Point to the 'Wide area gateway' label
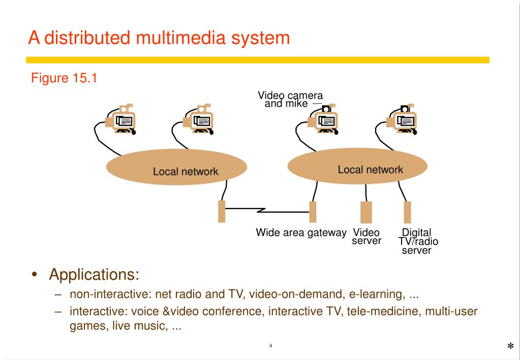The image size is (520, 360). click(301, 233)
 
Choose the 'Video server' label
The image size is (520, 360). click(366, 236)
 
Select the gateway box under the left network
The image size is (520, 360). click(222, 212)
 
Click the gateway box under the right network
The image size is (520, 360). click(313, 212)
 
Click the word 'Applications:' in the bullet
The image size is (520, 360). click(94, 275)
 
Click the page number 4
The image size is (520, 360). click(270, 346)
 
